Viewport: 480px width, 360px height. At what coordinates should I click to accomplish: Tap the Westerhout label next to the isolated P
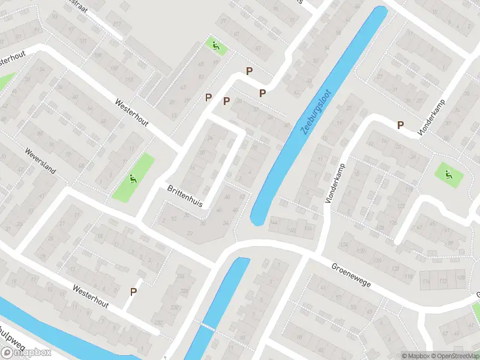(x=91, y=296)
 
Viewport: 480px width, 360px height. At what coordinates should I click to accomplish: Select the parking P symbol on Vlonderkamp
(x=400, y=125)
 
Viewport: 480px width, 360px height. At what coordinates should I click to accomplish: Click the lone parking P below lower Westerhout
(x=134, y=292)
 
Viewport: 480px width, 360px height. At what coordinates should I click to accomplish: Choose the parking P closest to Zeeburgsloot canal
(x=262, y=93)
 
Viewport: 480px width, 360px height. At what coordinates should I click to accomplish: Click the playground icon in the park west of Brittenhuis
(x=133, y=178)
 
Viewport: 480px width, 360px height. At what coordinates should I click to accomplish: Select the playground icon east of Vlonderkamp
(x=448, y=175)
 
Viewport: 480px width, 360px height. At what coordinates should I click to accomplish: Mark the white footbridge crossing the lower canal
(x=207, y=328)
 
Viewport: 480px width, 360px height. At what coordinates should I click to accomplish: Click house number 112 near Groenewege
(x=443, y=281)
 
